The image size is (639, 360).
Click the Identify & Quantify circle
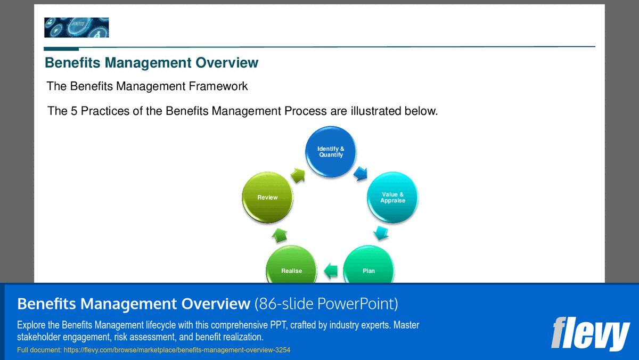click(331, 152)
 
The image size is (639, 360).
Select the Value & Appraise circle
click(392, 198)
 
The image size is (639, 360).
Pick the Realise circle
click(291, 269)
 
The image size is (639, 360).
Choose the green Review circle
click(267, 198)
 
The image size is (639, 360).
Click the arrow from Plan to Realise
click(331, 271)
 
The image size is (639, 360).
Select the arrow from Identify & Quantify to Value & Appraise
click(362, 173)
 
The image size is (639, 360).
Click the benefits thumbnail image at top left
click(76, 27)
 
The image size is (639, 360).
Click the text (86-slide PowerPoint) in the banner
click(326, 304)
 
